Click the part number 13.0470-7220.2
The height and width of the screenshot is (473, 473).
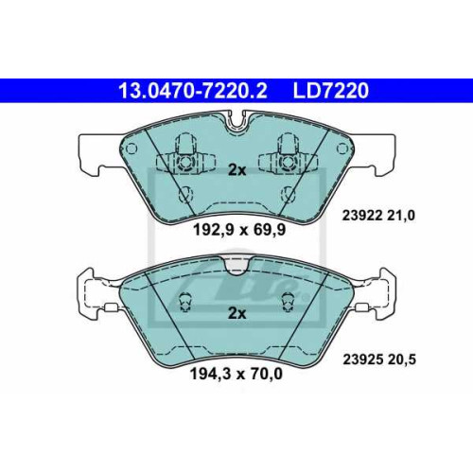coord(193,91)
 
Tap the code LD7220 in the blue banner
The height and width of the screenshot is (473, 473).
coord(331,91)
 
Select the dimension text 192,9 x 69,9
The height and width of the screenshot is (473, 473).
coord(239,230)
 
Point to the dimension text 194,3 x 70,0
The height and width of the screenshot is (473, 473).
coord(236,374)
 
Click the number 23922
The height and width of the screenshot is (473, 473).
coord(362,216)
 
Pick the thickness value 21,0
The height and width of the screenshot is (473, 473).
coord(401,216)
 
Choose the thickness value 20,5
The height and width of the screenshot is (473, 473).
coord(402,359)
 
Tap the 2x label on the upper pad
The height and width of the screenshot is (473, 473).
coord(236,170)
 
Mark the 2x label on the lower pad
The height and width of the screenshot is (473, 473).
coord(236,313)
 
